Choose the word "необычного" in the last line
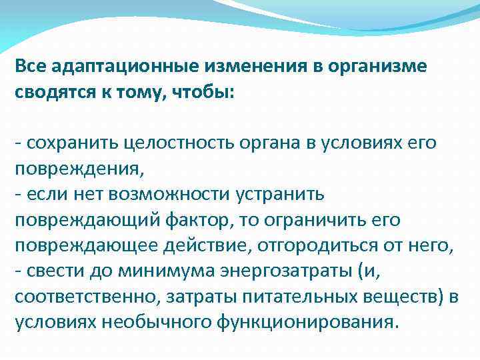tap(159, 323)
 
